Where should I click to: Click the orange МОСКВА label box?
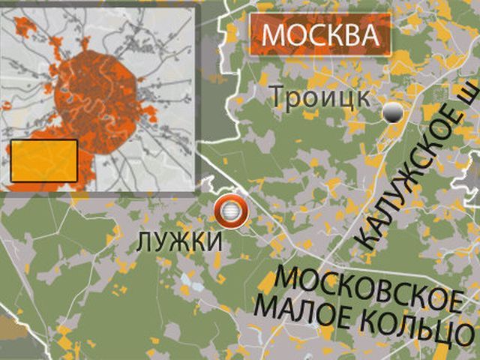coord(319,34)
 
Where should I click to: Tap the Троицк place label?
coord(319,97)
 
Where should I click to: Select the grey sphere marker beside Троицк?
coord(391,113)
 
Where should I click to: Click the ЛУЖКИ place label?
coord(180,241)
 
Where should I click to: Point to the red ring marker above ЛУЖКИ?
coord(230,212)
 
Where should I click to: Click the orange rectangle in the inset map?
coord(43,161)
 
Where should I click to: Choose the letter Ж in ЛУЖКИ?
coord(177,241)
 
